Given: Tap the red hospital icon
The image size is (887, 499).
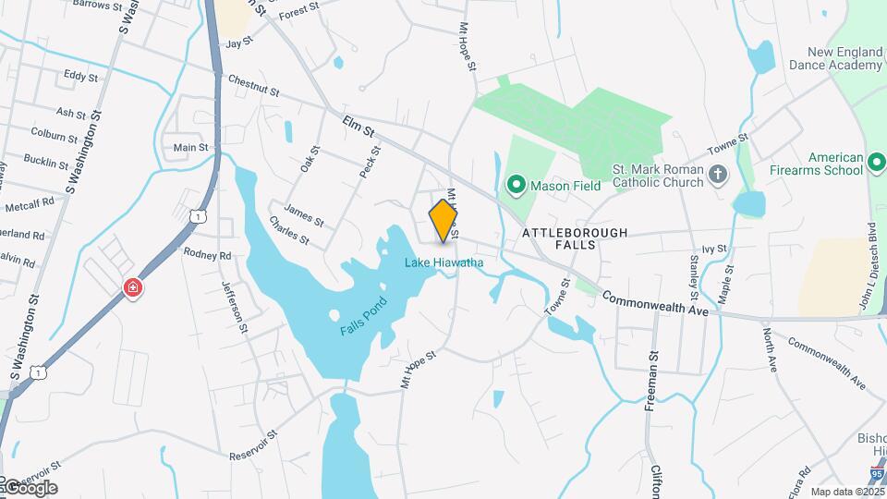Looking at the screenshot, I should coord(134,288).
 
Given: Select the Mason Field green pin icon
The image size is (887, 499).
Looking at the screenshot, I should coord(516,186).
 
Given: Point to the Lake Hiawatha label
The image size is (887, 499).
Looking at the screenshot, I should coord(443,263).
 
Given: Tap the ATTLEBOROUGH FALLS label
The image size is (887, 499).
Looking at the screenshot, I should coord(575,239).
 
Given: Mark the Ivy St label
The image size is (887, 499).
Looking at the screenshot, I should coord(714,249).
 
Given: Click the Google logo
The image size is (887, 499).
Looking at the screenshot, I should coord(30,487).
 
